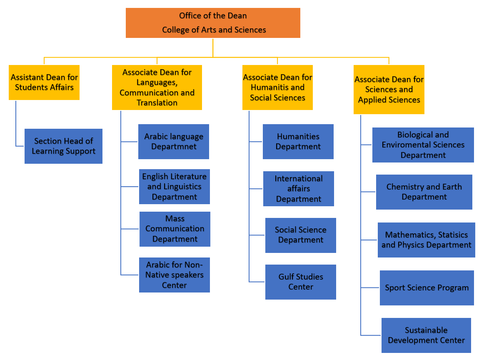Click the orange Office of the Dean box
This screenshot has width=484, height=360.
point(213,23)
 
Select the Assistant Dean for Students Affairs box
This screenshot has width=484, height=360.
point(44,82)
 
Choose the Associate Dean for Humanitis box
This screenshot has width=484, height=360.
point(277,87)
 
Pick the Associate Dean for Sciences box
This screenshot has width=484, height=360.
point(389,90)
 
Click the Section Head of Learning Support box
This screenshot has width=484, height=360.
point(63,146)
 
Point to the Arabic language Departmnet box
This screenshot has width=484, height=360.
point(174,142)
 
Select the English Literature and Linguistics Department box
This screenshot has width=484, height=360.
point(174,187)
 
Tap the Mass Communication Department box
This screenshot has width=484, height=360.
point(175,229)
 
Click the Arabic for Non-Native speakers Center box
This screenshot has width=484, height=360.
point(174,275)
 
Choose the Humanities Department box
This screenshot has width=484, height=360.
point(298,142)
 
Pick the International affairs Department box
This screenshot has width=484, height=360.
point(298,189)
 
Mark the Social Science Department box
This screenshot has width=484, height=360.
point(300,235)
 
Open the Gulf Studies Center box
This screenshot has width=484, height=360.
point(300,282)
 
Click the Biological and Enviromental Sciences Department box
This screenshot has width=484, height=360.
point(423,145)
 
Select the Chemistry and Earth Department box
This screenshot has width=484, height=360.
point(424,192)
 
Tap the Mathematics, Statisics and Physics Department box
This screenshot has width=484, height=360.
point(426,240)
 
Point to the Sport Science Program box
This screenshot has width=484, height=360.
point(427,288)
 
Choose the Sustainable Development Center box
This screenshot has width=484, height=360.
point(426,335)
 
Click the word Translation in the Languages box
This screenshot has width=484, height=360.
point(157,102)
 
